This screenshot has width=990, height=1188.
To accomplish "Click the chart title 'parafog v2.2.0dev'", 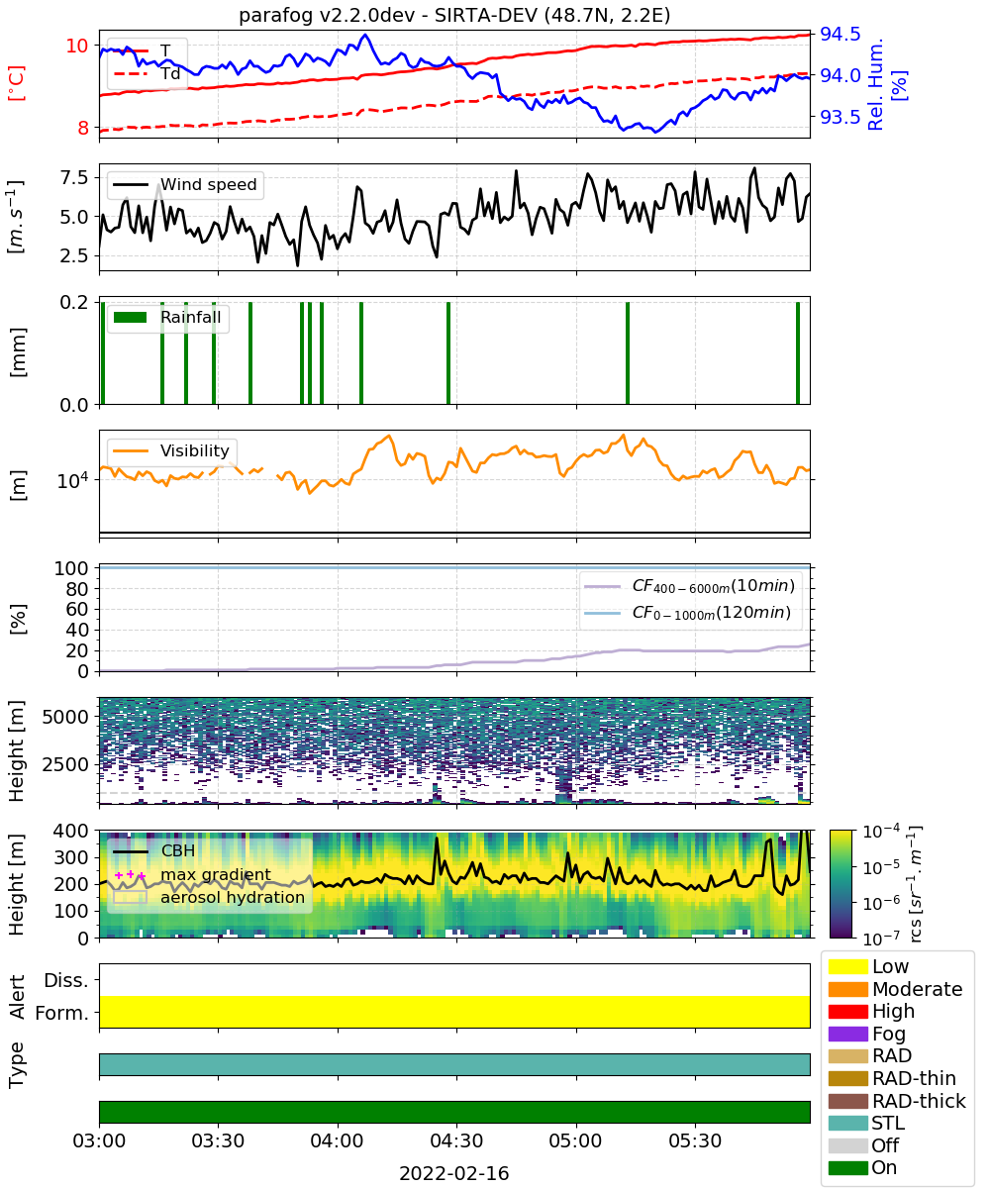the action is (x=327, y=15).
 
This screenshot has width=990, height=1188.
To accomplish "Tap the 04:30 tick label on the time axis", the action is (x=456, y=1140).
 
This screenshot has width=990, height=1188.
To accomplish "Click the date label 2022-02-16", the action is (x=454, y=1173).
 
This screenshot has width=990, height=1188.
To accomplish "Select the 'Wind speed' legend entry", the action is (x=185, y=184).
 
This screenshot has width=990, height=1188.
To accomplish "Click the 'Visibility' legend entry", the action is (x=170, y=450).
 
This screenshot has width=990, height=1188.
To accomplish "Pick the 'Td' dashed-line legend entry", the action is (x=147, y=74).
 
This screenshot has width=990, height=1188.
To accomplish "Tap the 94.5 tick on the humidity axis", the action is (x=840, y=34).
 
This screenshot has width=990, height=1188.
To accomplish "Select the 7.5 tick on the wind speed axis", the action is (x=74, y=177).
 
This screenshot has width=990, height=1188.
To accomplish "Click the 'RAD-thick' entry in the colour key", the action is (x=897, y=1101).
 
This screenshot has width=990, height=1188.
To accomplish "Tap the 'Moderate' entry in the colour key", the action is (x=895, y=989).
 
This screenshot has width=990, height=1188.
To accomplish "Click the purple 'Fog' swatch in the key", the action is (x=847, y=1034).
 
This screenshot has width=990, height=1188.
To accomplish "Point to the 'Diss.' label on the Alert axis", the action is (x=66, y=980).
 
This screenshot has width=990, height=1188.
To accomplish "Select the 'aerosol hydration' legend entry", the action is (x=209, y=897).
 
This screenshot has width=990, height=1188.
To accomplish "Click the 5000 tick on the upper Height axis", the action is (x=65, y=717).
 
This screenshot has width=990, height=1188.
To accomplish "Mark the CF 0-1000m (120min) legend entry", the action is (x=687, y=613).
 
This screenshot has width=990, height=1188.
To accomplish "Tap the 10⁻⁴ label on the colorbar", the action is (x=882, y=832).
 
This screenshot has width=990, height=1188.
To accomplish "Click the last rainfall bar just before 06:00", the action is (x=798, y=352).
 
